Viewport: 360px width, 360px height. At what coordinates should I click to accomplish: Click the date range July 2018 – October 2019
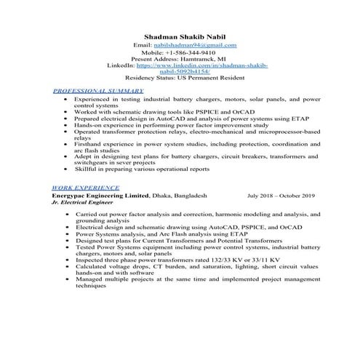[x=281, y=196]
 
